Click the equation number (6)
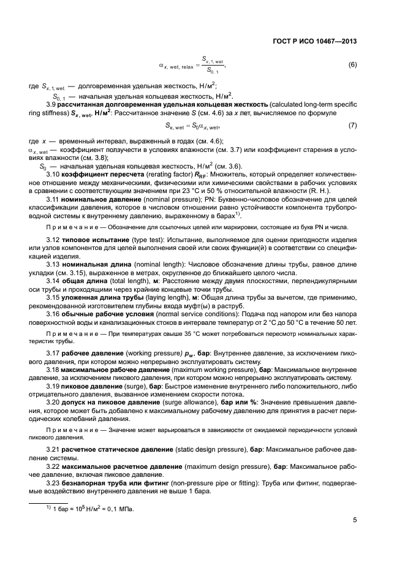352,64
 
